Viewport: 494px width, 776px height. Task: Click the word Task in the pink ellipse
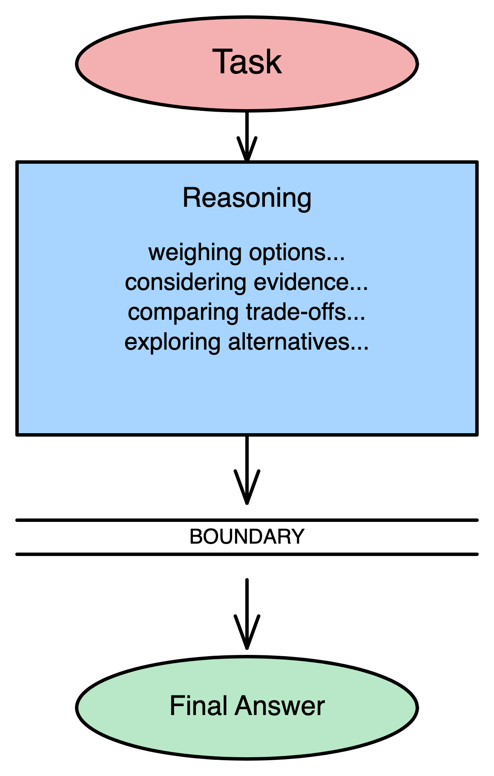(x=247, y=62)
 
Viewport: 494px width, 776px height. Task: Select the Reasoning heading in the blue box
(x=247, y=198)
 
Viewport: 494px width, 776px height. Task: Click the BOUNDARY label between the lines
(x=247, y=537)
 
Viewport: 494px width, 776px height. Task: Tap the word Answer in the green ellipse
(x=280, y=706)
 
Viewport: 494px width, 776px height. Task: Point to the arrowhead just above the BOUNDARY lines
(x=247, y=490)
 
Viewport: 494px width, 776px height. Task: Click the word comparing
(x=184, y=312)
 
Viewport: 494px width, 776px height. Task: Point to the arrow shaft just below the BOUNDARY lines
(x=247, y=597)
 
